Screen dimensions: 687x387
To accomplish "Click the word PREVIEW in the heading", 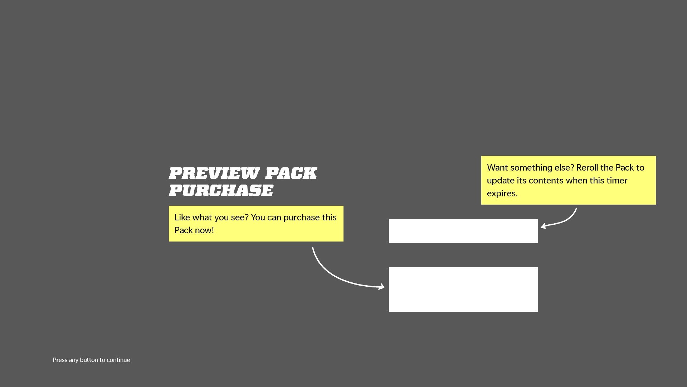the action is pyautogui.click(x=214, y=173).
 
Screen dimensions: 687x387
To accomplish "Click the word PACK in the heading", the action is pyautogui.click(x=291, y=173).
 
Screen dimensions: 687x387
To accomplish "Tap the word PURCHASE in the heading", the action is pyautogui.click(x=221, y=190).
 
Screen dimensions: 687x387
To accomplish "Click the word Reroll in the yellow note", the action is pyautogui.click(x=587, y=168).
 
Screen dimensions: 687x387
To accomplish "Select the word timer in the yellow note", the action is pyautogui.click(x=617, y=181).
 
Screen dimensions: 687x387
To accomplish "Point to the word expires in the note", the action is pyautogui.click(x=502, y=193).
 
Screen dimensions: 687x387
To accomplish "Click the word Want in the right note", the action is pyautogui.click(x=497, y=168).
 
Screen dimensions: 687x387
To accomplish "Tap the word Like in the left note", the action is pyautogui.click(x=182, y=218).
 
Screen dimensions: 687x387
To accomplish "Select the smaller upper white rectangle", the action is pyautogui.click(x=463, y=231).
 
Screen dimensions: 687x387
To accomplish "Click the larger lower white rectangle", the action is pyautogui.click(x=463, y=290).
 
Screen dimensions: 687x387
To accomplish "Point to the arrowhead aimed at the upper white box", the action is pyautogui.click(x=544, y=226).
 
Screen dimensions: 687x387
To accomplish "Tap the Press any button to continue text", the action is pyautogui.click(x=91, y=360).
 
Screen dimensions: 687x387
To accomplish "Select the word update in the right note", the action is pyautogui.click(x=500, y=181).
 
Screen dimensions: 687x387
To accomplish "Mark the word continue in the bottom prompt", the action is pyautogui.click(x=118, y=360).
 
